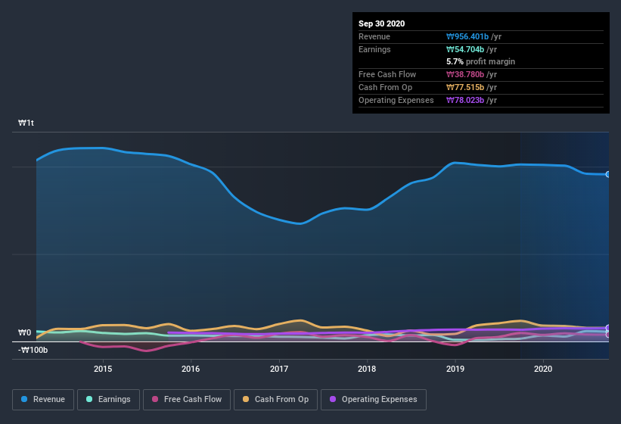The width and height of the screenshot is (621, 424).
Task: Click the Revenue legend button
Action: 43,399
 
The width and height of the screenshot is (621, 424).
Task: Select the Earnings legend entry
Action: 107,399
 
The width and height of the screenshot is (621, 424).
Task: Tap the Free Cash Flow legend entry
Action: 186,399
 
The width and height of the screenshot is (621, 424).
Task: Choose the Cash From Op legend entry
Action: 275,399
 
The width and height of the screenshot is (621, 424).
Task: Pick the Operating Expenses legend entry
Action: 373,399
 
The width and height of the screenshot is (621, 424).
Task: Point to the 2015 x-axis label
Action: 103,369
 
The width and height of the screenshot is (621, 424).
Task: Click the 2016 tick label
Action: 191,369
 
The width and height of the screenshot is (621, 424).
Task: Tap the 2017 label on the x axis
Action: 279,369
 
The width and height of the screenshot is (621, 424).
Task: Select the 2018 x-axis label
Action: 367,369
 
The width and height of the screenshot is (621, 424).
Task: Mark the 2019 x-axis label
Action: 455,369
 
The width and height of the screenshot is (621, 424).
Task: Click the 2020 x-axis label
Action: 543,369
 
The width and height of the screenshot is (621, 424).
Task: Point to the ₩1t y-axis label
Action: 26,123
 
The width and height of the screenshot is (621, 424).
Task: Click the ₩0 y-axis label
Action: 24,332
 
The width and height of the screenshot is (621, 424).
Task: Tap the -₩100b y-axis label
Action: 33,350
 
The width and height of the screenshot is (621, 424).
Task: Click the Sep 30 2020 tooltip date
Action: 381,23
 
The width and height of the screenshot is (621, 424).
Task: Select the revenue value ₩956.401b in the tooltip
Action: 472,36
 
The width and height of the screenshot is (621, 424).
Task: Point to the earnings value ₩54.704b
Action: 470,49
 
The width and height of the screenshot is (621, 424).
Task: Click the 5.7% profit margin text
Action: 481,62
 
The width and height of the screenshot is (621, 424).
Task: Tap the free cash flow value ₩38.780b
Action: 470,74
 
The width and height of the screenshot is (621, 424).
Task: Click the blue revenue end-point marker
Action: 608,174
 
